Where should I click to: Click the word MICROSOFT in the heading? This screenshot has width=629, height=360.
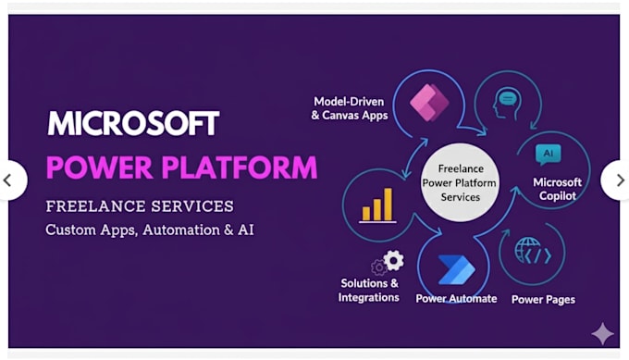click(133, 124)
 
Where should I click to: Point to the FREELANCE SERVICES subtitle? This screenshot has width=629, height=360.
click(140, 205)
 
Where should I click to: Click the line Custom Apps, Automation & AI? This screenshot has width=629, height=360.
click(149, 229)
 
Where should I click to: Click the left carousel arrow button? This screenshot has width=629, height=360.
click(9, 180)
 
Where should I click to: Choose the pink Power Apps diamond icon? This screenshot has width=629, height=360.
click(428, 100)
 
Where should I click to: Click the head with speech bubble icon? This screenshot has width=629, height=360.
click(508, 102)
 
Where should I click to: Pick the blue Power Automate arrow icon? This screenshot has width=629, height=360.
click(455, 269)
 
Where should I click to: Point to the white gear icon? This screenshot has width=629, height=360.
click(393, 260)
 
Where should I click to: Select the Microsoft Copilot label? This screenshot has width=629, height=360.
click(557, 189)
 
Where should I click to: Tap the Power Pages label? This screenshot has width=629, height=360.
click(543, 300)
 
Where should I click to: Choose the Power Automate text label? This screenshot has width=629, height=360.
click(456, 299)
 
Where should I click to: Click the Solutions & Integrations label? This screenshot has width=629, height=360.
click(368, 290)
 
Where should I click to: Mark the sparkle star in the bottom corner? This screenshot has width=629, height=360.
click(602, 333)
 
